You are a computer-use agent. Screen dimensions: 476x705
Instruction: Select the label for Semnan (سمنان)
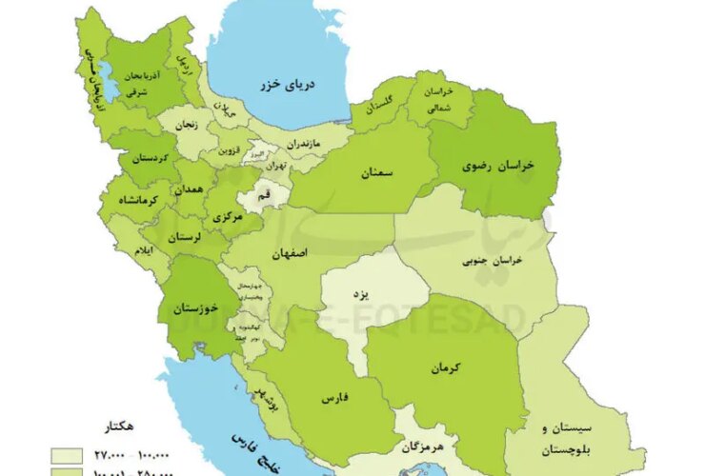tap(377, 173)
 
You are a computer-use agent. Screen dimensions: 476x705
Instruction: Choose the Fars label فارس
tap(334, 401)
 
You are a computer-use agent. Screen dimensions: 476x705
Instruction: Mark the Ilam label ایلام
tap(140, 249)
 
